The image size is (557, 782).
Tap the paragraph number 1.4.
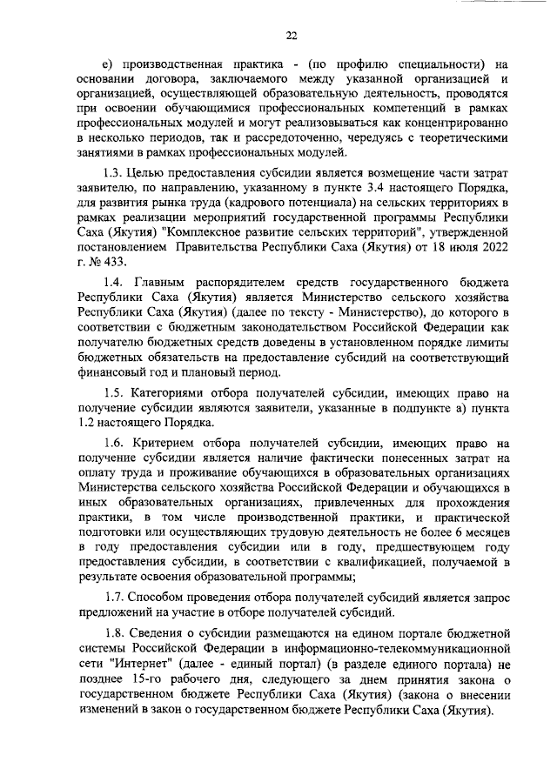pyautogui.click(x=113, y=282)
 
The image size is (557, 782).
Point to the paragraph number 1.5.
pyautogui.click(x=113, y=391)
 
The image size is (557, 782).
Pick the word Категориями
pyautogui.click(x=178, y=391)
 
